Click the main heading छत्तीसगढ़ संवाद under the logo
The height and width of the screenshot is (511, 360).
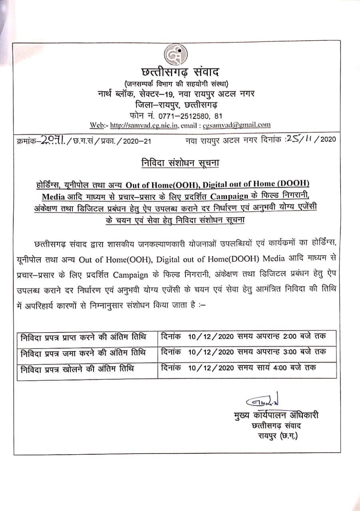[x=180, y=73]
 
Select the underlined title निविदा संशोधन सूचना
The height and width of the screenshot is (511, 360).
[x=180, y=163]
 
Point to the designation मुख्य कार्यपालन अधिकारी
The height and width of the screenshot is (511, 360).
[x=276, y=415]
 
